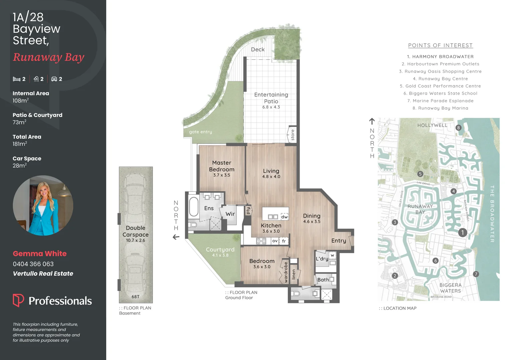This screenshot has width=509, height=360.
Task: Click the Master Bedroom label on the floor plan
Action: coord(222,166)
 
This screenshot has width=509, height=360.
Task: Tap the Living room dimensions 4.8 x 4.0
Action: coord(271,177)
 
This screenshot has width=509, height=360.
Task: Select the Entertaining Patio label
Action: coord(271,98)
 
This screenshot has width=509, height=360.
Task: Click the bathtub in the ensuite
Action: coord(194,207)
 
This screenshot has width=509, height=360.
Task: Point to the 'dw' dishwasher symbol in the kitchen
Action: coord(284,217)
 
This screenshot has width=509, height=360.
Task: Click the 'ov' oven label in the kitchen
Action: coord(275,241)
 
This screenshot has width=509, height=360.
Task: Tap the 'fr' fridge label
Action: coord(284,241)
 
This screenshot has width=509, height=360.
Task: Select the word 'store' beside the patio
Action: coord(292,135)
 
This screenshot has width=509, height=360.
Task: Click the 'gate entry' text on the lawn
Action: coord(200,132)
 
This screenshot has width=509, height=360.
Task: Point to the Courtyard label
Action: coord(220,250)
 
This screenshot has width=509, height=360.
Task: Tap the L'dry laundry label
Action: coord(322,259)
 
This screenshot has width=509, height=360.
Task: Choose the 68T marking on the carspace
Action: coord(135,297)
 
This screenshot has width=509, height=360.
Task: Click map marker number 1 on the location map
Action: coord(462,232)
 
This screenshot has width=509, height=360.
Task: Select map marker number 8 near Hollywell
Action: coord(458,128)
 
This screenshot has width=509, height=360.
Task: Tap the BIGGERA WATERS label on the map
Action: coord(450,288)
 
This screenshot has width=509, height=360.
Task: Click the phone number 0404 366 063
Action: coord(33,264)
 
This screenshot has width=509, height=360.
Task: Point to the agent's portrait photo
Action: coord(43,206)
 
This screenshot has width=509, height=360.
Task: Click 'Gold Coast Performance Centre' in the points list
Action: coord(440,86)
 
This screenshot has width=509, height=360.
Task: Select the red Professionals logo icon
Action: coord(18,300)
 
